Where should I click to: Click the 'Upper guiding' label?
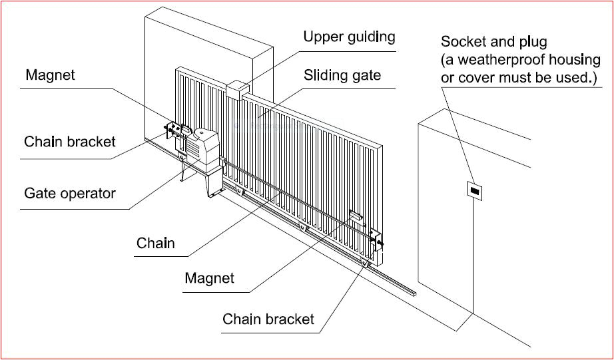[x=349, y=37]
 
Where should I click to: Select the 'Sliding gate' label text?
[x=342, y=75]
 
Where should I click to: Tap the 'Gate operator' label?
[x=70, y=194]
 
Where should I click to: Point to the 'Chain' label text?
[x=156, y=243]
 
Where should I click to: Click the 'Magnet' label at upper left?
[x=50, y=75]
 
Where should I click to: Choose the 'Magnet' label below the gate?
[x=209, y=277]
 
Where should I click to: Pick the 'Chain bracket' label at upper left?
[x=70, y=142]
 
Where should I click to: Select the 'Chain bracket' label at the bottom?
[x=268, y=319]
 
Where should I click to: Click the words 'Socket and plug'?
[x=493, y=43]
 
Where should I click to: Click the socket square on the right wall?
[x=474, y=190]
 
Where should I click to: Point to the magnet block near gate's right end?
[x=356, y=216]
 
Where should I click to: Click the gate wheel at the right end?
[x=366, y=268]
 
